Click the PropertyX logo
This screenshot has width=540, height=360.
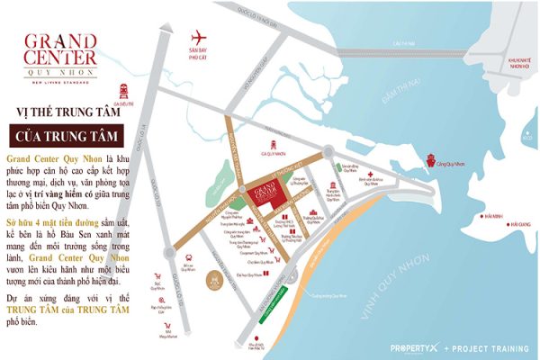click(415, 346)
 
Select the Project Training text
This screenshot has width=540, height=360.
click(491, 346)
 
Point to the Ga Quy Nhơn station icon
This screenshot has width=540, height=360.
click(268, 144)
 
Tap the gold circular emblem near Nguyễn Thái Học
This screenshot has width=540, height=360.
click(214, 280)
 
